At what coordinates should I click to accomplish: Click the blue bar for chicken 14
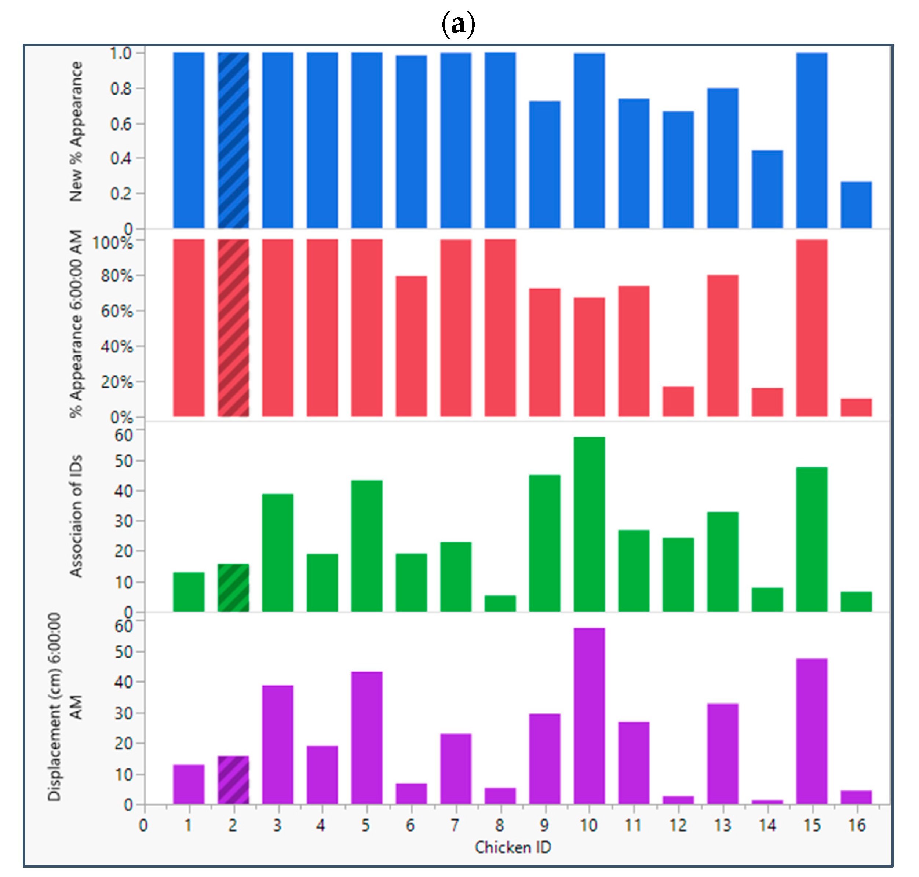[x=767, y=189]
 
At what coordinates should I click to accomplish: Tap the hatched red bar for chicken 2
[x=233, y=327]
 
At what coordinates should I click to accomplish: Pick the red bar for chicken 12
[x=678, y=401]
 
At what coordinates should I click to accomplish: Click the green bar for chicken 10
[x=589, y=524]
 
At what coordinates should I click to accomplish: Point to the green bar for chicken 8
[x=500, y=603]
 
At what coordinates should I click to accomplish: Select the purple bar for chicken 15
[x=812, y=731]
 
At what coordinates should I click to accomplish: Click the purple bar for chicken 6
[x=411, y=794]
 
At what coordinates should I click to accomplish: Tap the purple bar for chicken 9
[x=544, y=759]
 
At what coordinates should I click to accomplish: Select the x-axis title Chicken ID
[x=513, y=847]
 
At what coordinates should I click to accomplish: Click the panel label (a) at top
[x=458, y=23]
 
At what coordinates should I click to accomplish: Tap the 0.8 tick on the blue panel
[x=120, y=88]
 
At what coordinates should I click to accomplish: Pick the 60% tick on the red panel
[x=116, y=311]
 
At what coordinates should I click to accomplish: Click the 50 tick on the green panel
[x=124, y=461]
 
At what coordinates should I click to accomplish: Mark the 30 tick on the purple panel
[x=124, y=713]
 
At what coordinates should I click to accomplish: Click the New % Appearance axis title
[x=76, y=132]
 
